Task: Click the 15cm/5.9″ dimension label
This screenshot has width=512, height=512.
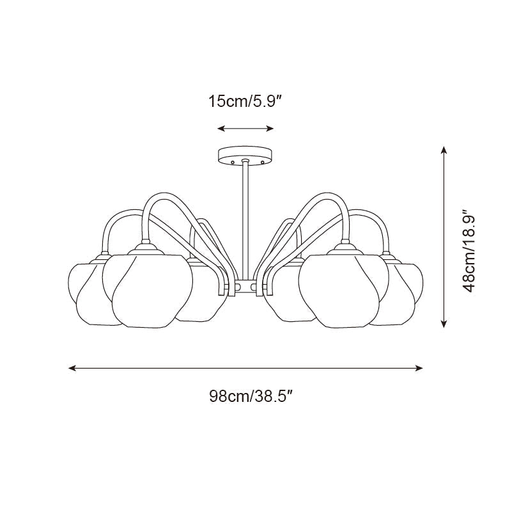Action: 245,101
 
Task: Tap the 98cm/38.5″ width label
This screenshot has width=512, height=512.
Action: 251,397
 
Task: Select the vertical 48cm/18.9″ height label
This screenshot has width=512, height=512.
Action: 470,251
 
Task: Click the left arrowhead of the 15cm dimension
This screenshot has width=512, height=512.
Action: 221,129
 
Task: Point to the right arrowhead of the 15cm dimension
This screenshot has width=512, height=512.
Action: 270,129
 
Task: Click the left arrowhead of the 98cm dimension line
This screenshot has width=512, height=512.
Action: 72,368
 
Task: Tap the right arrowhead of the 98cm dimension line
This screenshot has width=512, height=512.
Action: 419,368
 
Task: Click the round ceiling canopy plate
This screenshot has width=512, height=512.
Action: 245,156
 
